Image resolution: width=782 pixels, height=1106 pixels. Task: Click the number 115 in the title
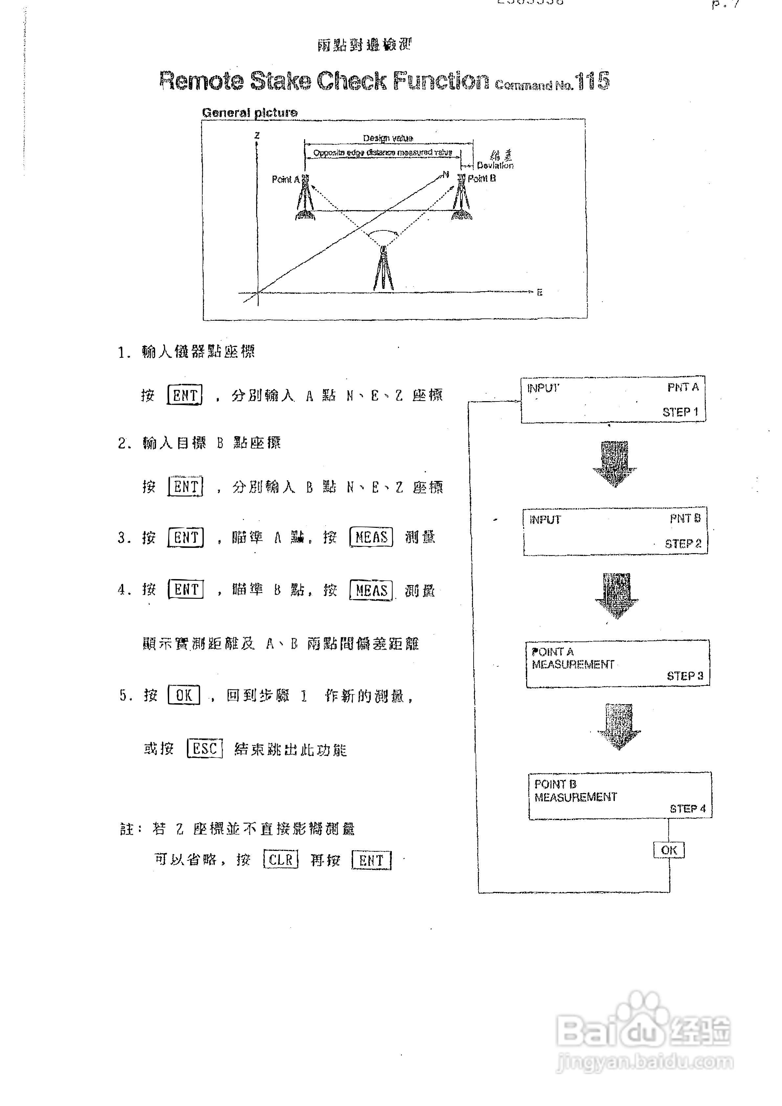point(592,81)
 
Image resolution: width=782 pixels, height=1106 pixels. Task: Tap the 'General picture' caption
point(250,113)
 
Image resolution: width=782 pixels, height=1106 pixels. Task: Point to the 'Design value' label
point(388,138)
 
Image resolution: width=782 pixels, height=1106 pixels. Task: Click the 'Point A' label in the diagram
point(285,180)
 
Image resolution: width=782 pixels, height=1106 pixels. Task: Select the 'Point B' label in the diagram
point(481,179)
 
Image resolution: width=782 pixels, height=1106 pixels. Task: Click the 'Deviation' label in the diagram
point(495,165)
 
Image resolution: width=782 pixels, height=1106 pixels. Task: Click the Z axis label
point(257,136)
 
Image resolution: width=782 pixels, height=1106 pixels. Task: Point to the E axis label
point(539,293)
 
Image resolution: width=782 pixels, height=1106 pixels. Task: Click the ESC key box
point(205,748)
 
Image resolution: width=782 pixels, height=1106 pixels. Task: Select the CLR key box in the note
point(281,860)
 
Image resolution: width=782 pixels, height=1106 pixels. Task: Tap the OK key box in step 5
point(184,695)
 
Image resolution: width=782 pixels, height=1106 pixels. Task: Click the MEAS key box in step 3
point(371,537)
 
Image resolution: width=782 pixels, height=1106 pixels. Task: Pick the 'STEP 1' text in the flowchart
point(680,412)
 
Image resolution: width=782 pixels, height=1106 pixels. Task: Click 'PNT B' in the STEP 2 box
point(685,519)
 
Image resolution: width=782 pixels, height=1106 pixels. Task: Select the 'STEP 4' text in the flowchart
point(687,809)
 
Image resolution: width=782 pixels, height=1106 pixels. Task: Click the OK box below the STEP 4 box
point(669,850)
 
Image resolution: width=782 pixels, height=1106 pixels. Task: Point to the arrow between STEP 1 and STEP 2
point(615,464)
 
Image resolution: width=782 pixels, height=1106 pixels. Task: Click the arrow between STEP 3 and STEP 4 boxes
point(619,726)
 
